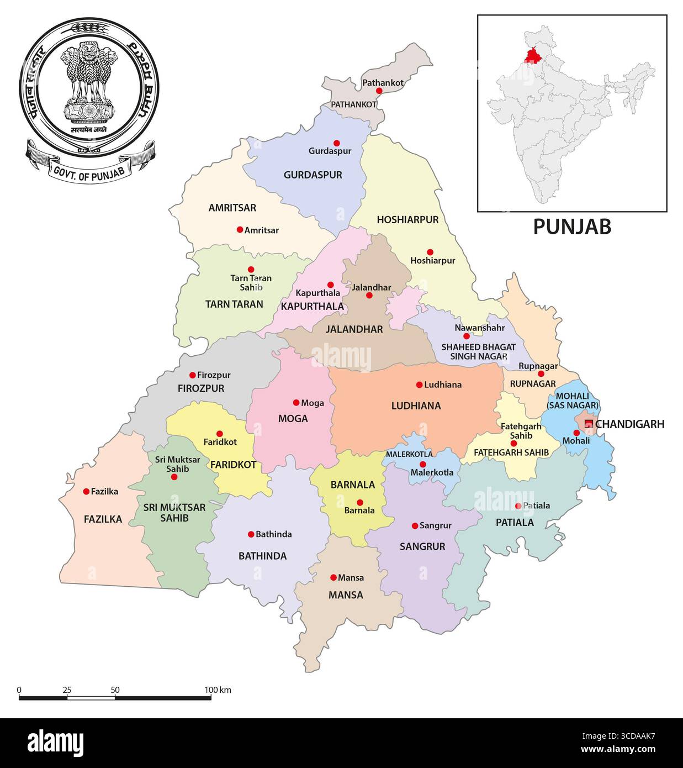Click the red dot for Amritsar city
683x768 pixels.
tap(240, 229)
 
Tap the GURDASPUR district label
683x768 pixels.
tap(313, 175)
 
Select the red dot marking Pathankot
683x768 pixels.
tap(379, 91)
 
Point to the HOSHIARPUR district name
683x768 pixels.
tap(407, 220)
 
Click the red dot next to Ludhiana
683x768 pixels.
tap(419, 385)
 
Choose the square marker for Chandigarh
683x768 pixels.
tap(589, 424)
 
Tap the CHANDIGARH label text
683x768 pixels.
tap(629, 424)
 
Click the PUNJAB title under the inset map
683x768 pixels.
tap(572, 227)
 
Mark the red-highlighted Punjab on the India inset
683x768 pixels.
tap(533, 56)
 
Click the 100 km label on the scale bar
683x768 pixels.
tap(218, 690)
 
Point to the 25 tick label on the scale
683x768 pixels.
tap(67, 690)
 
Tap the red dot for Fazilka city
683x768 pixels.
tap(86, 491)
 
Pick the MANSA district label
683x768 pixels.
tap(346, 595)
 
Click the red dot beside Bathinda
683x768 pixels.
tap(251, 534)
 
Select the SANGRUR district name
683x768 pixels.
tap(422, 546)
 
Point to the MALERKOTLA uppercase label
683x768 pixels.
tap(409, 454)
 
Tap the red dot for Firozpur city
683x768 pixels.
tap(192, 375)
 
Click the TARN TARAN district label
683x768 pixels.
tap(234, 304)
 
